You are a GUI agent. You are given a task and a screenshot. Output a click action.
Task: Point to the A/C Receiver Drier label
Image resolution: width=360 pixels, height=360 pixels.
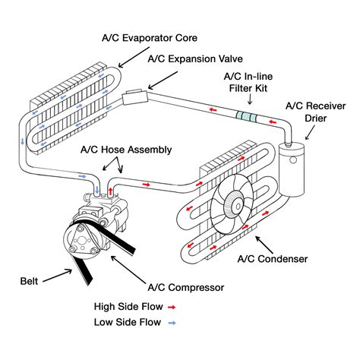tap(315, 112)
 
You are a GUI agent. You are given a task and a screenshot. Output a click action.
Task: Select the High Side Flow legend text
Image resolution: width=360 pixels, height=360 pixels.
tap(124, 308)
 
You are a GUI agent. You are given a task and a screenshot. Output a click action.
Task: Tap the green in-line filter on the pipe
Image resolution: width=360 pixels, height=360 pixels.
tap(246, 115)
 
